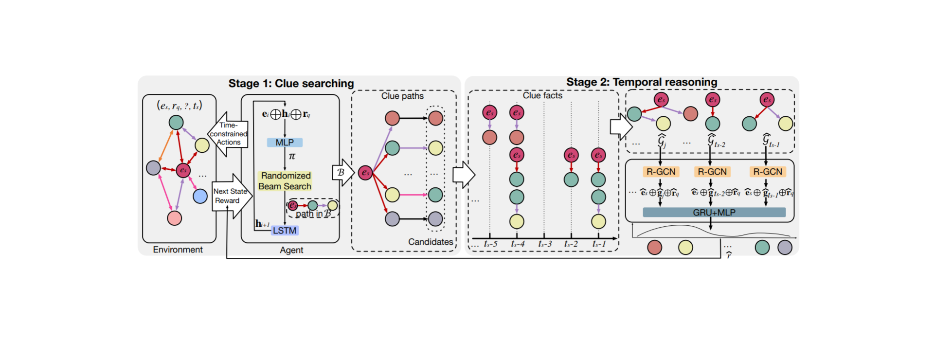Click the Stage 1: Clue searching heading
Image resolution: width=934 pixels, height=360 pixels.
tap(291, 83)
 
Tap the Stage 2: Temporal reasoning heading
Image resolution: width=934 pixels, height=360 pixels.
tap(641, 82)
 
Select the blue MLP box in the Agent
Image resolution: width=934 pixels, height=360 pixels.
tap(285, 143)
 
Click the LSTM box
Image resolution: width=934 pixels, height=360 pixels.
tap(285, 231)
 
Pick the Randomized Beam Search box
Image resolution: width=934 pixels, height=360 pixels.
tap(285, 181)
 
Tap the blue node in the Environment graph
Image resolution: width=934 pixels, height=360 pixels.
tap(200, 196)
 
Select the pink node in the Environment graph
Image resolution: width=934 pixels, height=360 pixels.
tap(174, 218)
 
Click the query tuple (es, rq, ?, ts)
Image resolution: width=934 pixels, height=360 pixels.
tap(179, 106)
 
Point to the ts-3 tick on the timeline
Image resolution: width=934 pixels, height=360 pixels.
tap(544, 244)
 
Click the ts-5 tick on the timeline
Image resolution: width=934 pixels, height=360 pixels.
tap(490, 244)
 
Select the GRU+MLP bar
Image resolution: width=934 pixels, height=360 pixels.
tap(714, 213)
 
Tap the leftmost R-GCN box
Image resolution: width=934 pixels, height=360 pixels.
tap(661, 172)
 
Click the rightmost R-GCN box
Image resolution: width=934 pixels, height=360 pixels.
tap(767, 172)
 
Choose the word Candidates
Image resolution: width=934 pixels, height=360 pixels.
tap(430, 242)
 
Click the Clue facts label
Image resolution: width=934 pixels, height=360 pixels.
tap(542, 96)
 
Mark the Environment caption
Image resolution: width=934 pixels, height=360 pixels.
tap(178, 250)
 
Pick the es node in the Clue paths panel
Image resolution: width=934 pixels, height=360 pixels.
tap(365, 172)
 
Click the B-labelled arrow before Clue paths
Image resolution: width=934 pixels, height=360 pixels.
tap(342, 172)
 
